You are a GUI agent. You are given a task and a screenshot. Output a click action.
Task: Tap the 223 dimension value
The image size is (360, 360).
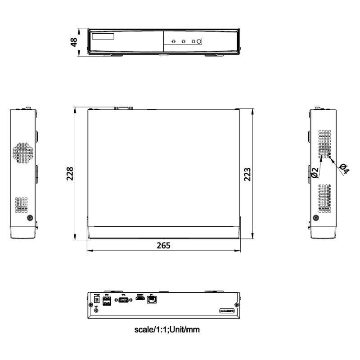[x=247, y=174]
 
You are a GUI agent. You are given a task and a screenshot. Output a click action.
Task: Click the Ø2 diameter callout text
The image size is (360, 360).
[x=315, y=171]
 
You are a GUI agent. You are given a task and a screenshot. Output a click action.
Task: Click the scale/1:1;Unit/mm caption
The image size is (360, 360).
[x=167, y=329]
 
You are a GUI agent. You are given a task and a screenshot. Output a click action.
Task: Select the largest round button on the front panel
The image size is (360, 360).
[x=199, y=41]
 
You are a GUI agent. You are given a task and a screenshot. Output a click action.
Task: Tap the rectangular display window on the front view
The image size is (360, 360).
[x=103, y=36]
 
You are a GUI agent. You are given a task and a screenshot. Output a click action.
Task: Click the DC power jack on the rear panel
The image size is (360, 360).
[x=96, y=299]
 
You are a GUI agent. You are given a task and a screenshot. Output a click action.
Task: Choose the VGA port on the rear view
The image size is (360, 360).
[x=122, y=300]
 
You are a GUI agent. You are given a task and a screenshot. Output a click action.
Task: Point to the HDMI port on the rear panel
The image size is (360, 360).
[x=140, y=299]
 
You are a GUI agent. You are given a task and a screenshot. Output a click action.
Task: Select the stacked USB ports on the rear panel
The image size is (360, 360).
[x=107, y=301]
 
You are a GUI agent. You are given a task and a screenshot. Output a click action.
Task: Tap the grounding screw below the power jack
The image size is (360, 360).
[x=96, y=309]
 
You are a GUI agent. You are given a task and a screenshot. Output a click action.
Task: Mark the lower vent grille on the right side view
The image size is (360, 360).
[x=324, y=198]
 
